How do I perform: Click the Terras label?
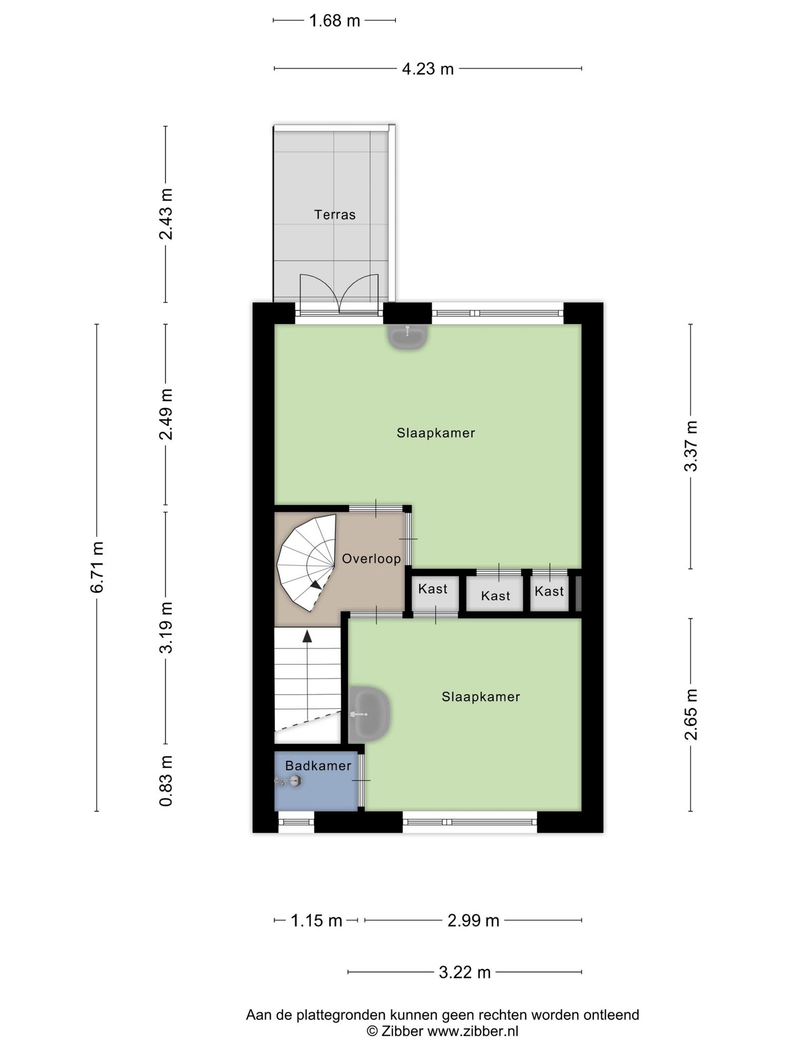click(x=335, y=214)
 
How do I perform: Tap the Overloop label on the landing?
click(x=371, y=558)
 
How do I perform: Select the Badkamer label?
click(x=318, y=765)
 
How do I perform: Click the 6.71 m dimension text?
click(x=96, y=567)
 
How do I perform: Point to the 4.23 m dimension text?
click(x=428, y=69)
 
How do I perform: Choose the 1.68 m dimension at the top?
click(x=335, y=21)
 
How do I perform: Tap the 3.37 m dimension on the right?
click(x=691, y=446)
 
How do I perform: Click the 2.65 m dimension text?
click(x=691, y=715)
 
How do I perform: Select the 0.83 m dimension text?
click(x=165, y=781)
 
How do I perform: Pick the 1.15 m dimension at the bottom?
click(x=316, y=920)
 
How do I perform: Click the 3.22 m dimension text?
click(x=465, y=972)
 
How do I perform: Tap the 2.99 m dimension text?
click(x=473, y=920)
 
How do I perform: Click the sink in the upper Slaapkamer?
click(x=407, y=337)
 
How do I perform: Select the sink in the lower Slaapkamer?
click(x=369, y=713)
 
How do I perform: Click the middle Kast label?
click(x=495, y=596)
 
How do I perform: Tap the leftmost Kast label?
click(x=432, y=589)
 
